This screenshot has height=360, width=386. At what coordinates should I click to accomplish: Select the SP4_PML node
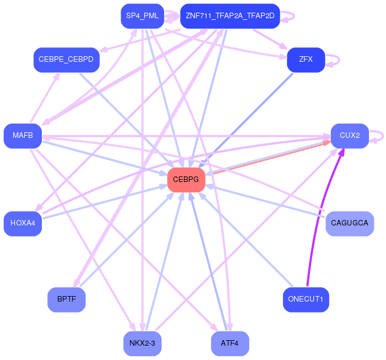pos(142,16)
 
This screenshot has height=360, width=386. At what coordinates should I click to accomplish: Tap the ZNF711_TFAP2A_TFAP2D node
pos(230,16)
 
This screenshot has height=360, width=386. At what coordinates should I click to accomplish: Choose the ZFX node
pos(306,60)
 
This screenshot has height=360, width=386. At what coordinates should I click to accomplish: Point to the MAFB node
pos(23,136)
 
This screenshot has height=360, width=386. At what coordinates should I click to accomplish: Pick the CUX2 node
pos(349,136)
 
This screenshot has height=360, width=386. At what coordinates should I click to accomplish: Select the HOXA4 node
pos(23,223)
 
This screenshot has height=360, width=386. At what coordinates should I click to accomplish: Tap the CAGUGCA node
pos(350,223)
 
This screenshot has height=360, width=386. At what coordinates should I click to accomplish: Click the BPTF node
pos(66,299)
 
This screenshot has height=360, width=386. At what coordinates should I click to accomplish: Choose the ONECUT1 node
pos(306,299)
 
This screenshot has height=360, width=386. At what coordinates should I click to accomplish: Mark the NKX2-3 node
pos(142,343)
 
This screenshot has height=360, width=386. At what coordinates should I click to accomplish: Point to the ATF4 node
pos(230,343)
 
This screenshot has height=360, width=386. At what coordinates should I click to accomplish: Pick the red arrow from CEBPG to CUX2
pos(264,159)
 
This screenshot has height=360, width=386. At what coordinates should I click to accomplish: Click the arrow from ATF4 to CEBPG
pos(209,265)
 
